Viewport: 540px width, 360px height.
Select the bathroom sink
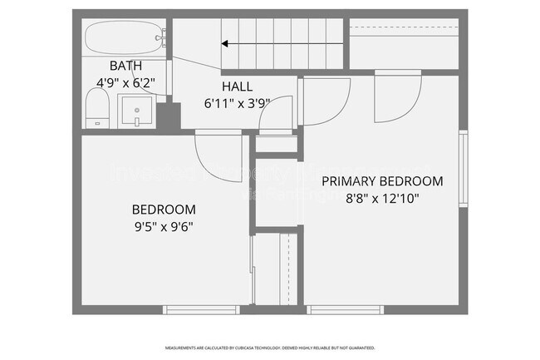(136, 111)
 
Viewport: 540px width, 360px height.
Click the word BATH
(125, 66)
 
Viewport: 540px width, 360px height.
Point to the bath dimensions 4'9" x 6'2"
(126, 81)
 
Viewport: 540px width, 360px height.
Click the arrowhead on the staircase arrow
(225, 43)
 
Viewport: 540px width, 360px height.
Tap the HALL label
(237, 87)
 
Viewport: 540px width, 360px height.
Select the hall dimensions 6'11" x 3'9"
(237, 103)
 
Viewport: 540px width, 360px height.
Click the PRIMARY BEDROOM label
(382, 180)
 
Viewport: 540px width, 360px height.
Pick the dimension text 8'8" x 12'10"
(382, 198)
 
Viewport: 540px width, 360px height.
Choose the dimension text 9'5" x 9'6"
(164, 225)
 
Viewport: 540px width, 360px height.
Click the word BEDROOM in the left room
(164, 210)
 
